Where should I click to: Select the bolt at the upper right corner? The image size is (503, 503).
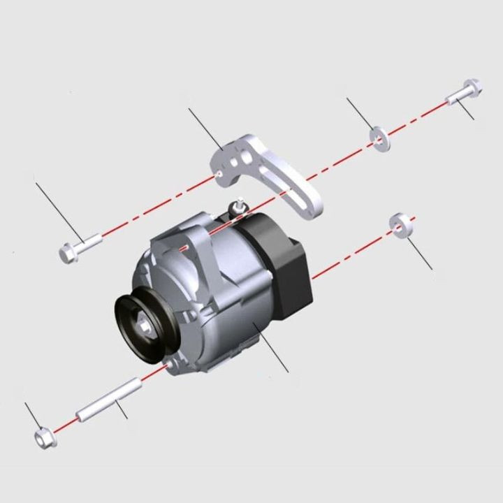465,92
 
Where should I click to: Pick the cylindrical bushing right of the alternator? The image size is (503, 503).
400,225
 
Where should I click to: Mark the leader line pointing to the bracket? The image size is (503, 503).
205,129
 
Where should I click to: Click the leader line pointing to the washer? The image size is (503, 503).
360,113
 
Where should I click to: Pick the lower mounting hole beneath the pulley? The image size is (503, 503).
170,364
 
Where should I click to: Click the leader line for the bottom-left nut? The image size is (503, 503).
32,416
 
